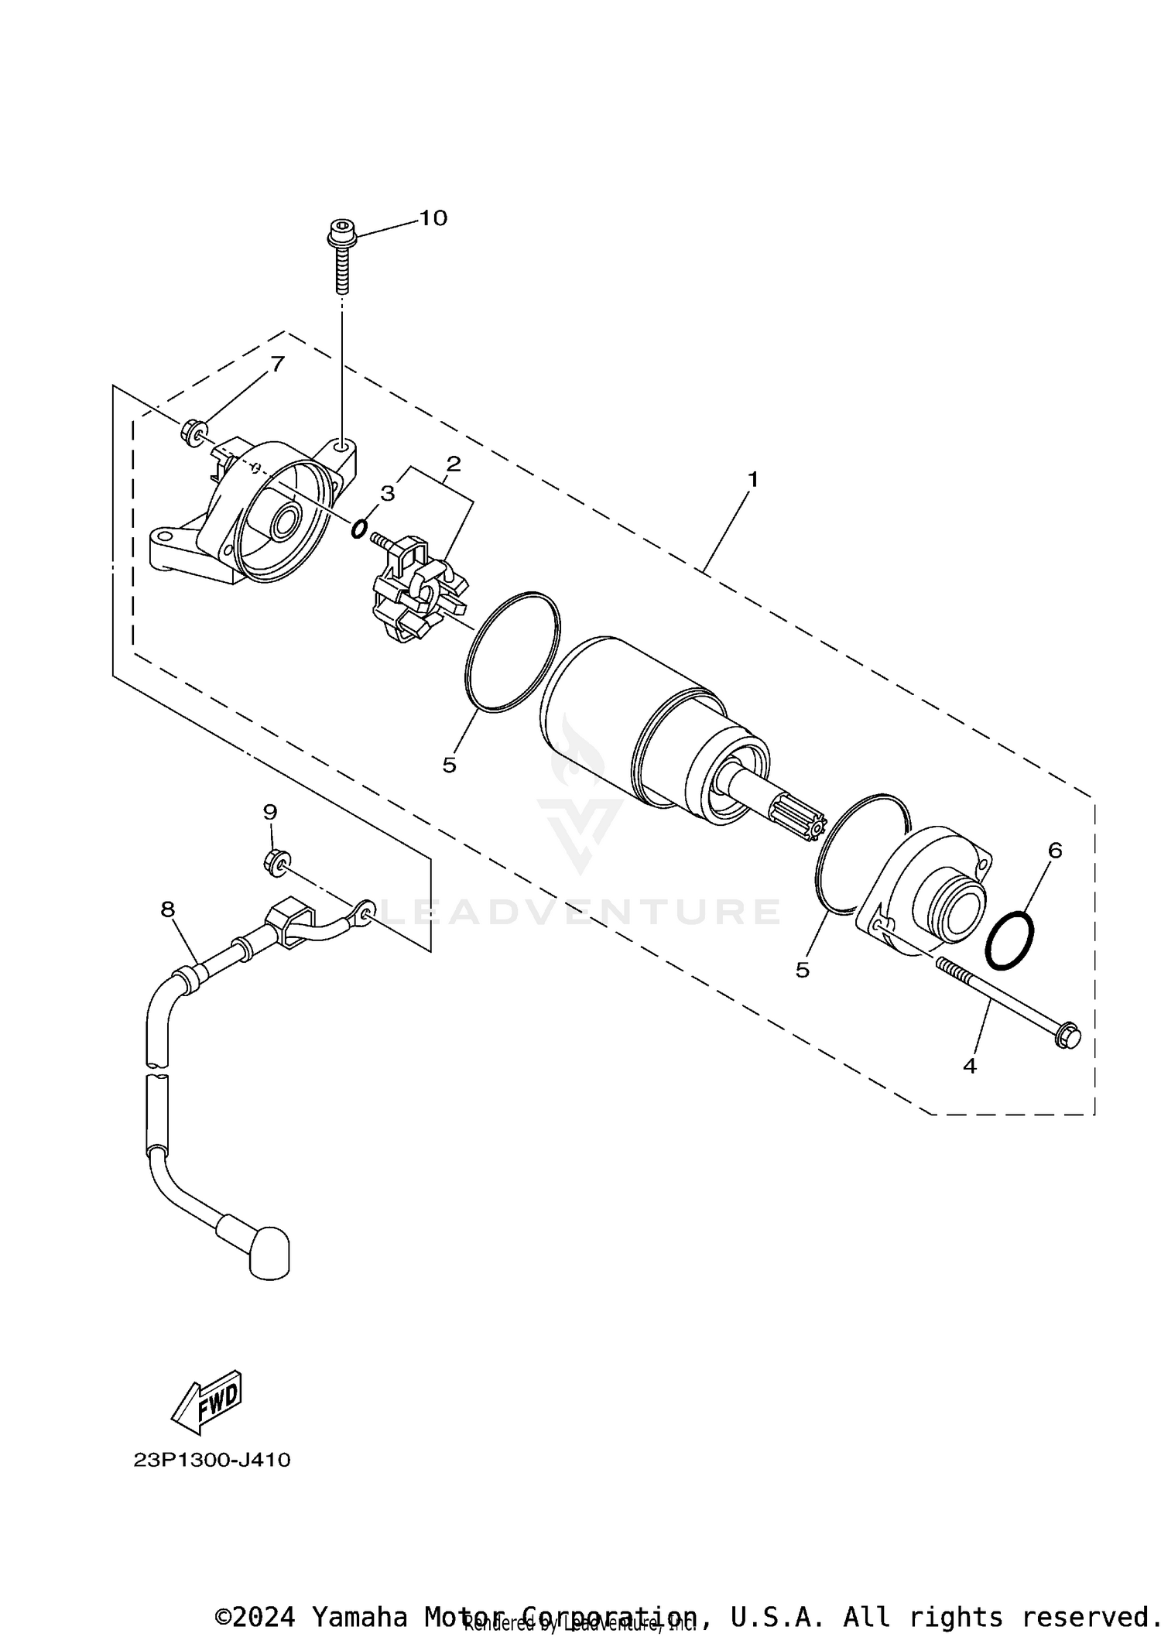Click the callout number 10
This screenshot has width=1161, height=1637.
[x=433, y=218]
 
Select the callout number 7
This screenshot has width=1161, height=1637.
[x=277, y=364]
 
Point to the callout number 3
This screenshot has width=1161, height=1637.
[x=388, y=493]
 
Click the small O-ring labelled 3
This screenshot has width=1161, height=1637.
[x=359, y=529]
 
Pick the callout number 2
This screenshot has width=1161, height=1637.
[x=454, y=464]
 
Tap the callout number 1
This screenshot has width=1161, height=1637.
[x=752, y=480]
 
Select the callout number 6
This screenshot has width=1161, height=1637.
[x=1055, y=850]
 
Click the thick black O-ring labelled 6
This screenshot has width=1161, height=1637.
[x=1009, y=940]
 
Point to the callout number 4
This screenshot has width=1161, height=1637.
[x=970, y=1066]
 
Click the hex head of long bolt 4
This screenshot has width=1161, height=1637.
[x=1067, y=1036]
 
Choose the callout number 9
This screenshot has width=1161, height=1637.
[x=270, y=812]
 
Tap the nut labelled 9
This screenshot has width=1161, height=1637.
[x=276, y=860]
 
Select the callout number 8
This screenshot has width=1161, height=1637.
[x=168, y=909]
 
